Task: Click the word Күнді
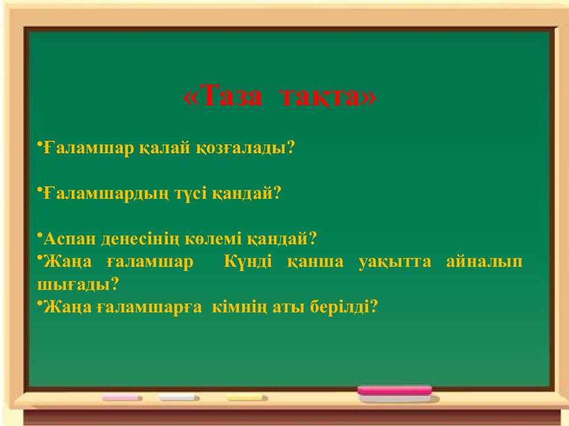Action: coord(248,262)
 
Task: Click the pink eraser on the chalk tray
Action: coord(395,391)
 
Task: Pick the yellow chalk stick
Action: coord(248,398)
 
